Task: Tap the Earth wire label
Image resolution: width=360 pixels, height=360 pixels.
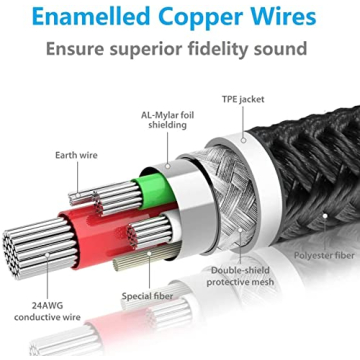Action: [75, 155]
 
